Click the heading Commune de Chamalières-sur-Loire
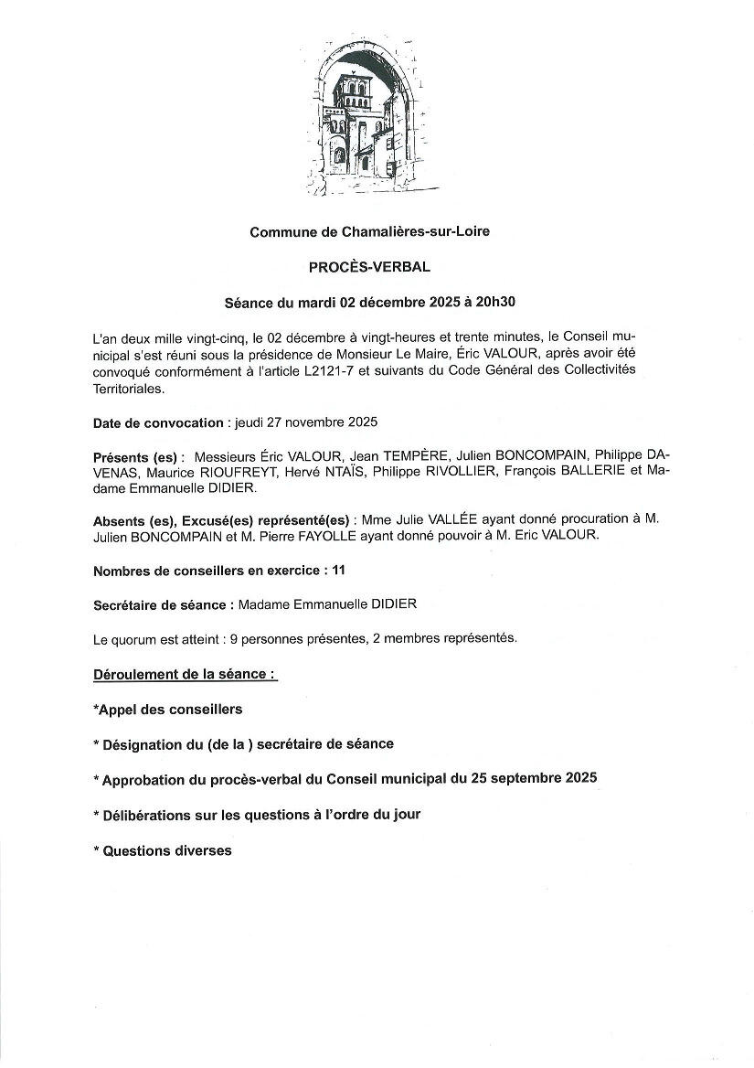tap(369, 232)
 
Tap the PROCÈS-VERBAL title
tap(369, 267)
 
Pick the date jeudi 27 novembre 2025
tap(306, 423)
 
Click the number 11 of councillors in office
tap(339, 571)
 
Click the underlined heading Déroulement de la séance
tap(185, 675)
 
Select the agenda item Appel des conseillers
tap(168, 709)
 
